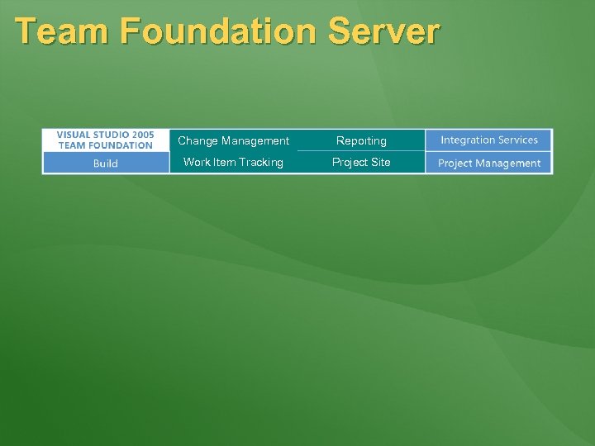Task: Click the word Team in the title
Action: coord(62,31)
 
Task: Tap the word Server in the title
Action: coord(383,31)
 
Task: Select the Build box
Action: coord(106,163)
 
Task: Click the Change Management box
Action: coord(233,140)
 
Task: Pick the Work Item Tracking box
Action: coord(233,162)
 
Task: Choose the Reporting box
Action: coord(361,140)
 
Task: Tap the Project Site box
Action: coord(361,162)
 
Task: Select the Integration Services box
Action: coord(489,140)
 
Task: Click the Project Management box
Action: coord(489,163)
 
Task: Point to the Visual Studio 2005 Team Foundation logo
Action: coord(106,140)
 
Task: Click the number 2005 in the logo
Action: coord(141,135)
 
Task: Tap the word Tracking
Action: coord(262,162)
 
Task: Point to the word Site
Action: coord(380,162)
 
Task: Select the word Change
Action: coord(198,140)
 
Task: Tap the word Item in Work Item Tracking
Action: coord(226,162)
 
